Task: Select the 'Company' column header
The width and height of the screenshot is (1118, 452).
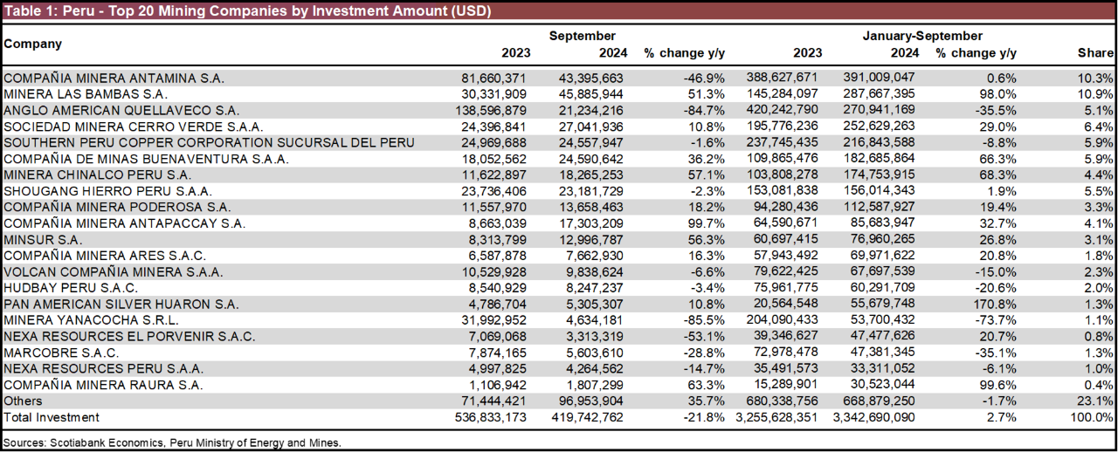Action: coord(33,44)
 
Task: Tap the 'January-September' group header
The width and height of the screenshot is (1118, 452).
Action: coord(922,36)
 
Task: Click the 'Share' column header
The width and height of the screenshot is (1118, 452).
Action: coord(1095,53)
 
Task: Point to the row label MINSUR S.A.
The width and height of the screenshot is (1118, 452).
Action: coord(43,239)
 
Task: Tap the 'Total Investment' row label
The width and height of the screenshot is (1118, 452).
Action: coord(52,417)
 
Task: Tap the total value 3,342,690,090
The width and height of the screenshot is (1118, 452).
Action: coord(873,417)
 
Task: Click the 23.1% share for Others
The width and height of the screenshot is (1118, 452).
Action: coord(1096,401)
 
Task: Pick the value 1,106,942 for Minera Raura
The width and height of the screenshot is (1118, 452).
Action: coord(499,385)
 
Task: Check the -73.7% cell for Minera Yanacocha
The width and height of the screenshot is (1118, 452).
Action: coord(997,320)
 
